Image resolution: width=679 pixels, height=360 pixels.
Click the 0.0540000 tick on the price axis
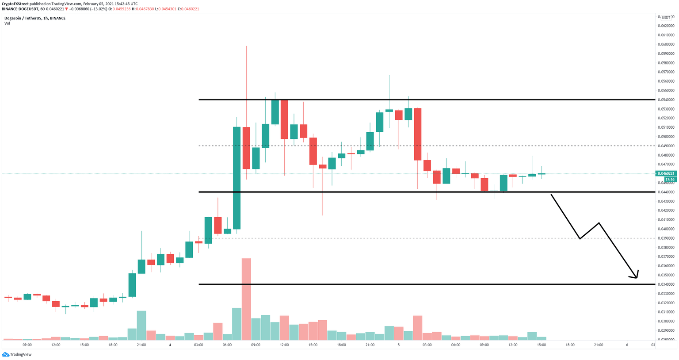[x=666, y=100]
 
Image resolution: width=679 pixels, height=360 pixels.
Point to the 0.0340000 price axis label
[x=666, y=284]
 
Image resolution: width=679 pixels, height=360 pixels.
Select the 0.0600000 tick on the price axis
[x=666, y=44]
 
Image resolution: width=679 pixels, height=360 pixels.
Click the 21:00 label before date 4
[x=141, y=345]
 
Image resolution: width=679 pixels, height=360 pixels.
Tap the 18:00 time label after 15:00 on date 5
[x=570, y=345]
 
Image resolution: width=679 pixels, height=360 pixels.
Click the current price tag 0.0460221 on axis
[x=666, y=173]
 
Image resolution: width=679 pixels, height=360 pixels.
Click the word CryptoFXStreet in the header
[x=15, y=4]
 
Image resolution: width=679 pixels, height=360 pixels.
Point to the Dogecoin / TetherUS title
[x=35, y=18]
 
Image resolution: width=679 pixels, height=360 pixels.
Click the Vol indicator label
[x=7, y=23]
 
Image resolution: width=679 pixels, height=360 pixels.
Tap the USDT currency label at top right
[x=666, y=18]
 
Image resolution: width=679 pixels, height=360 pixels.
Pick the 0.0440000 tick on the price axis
[x=666, y=192]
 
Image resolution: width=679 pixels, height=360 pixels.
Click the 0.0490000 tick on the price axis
[x=666, y=146]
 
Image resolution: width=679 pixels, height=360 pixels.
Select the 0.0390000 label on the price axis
[x=666, y=238]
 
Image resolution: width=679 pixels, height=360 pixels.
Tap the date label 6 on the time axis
[x=627, y=345]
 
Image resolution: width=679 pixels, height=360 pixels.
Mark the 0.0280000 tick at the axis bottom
[x=666, y=340]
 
